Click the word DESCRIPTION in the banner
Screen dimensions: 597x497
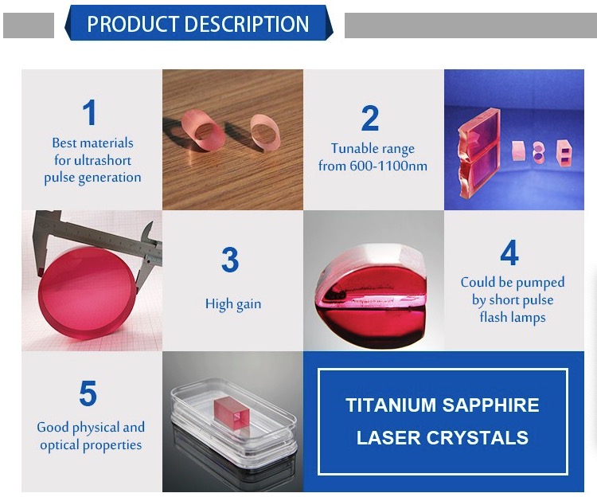(x=248, y=24)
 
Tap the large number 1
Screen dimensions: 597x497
(x=90, y=112)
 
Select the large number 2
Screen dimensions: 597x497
(x=370, y=119)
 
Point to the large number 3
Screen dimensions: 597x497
(x=230, y=260)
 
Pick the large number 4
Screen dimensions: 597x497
(x=509, y=252)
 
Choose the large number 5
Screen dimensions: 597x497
(x=88, y=393)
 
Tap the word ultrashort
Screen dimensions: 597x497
(x=103, y=160)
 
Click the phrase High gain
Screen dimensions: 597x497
(x=233, y=304)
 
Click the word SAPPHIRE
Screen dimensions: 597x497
(x=491, y=405)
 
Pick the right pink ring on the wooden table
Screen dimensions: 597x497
(x=265, y=132)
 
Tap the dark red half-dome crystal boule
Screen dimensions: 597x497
(x=372, y=295)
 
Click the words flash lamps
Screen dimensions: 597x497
(x=513, y=317)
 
